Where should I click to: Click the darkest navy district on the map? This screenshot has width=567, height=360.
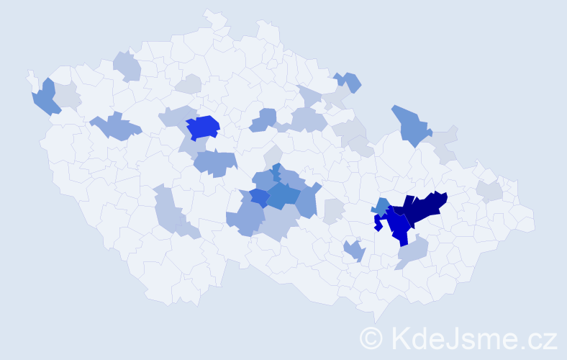tap(421, 208)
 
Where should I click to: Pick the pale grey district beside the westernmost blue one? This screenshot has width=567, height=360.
tap(67, 95)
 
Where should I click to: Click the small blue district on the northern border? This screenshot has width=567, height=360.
tap(348, 81)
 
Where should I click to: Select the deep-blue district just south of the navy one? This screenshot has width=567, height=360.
tap(398, 226)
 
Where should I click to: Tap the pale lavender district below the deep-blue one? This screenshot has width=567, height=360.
tap(412, 251)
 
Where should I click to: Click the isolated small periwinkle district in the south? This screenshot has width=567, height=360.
tap(354, 250)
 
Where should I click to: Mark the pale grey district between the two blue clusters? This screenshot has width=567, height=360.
tap(333, 211)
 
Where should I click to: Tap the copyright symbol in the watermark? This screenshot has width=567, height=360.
tap(371, 338)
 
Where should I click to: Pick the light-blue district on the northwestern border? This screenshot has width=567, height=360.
tap(127, 66)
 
